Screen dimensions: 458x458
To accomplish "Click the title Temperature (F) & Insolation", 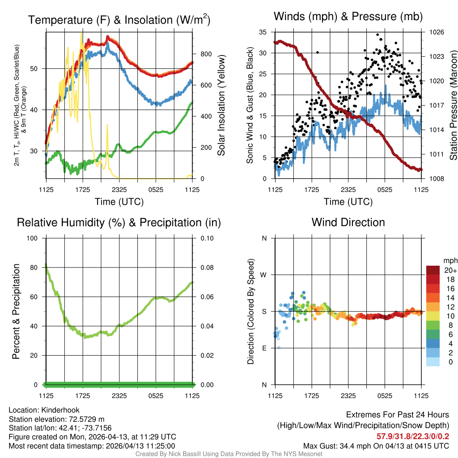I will [x=119, y=20].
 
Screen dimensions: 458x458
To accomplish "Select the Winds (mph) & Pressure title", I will [x=348, y=17].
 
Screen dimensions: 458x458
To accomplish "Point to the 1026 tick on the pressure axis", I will [x=437, y=32].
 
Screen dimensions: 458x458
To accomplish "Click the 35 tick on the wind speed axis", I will [x=263, y=32].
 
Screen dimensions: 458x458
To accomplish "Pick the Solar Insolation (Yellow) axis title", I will [x=221, y=106].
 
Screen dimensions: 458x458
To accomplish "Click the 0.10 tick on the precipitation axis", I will [x=206, y=238].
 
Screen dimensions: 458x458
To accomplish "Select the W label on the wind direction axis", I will [x=264, y=275].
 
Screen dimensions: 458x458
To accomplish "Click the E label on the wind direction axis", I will [x=264, y=348].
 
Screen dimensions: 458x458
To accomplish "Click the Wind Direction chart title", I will [x=348, y=222].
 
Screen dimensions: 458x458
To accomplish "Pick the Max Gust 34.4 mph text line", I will [x=376, y=445].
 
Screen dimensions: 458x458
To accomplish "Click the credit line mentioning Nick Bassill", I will [x=229, y=454].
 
